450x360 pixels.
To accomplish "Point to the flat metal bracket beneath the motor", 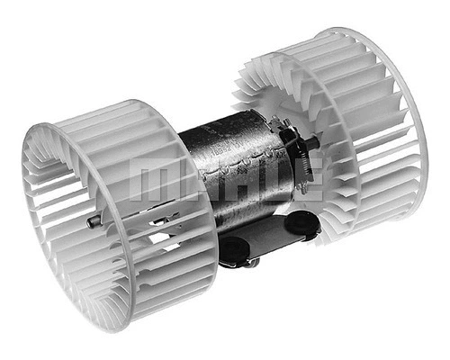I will tap(270, 238).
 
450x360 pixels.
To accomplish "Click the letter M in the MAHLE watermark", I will tap(149, 180).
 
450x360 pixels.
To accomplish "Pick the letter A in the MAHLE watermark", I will tap(194, 180).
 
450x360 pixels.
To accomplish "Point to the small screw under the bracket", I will tap(253, 263).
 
